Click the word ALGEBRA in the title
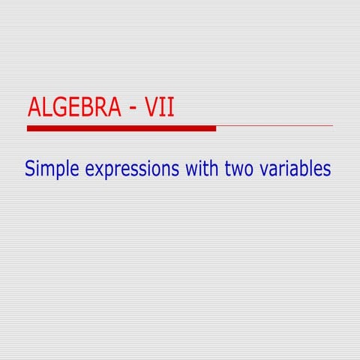(x=73, y=108)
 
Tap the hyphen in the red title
(x=132, y=109)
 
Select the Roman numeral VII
(x=160, y=108)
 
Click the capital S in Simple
(x=30, y=168)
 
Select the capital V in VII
(x=151, y=108)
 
